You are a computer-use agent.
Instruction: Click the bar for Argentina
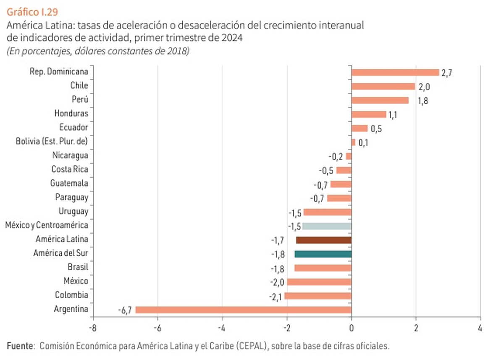pyautogui.click(x=243, y=310)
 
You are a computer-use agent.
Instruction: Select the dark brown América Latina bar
pyautogui.click(x=324, y=240)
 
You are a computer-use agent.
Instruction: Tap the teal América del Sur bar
pyautogui.click(x=323, y=254)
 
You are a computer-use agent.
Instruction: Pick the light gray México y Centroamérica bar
pyautogui.click(x=327, y=226)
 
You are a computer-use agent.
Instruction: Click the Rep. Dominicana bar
pyautogui.click(x=395, y=72)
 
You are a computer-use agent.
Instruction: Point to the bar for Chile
pyautogui.click(x=383, y=86)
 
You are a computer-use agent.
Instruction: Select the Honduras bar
pyautogui.click(x=369, y=114)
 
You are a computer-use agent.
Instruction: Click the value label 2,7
pyautogui.click(x=446, y=73)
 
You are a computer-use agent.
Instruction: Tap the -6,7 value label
pyautogui.click(x=125, y=310)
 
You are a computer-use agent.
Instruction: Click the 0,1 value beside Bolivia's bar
pyautogui.click(x=364, y=143)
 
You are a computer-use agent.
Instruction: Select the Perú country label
pyautogui.click(x=80, y=100)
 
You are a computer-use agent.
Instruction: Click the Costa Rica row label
pyautogui.click(x=70, y=169)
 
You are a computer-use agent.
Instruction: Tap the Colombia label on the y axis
pyautogui.click(x=71, y=295)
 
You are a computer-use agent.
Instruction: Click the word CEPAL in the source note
pyautogui.click(x=251, y=346)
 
